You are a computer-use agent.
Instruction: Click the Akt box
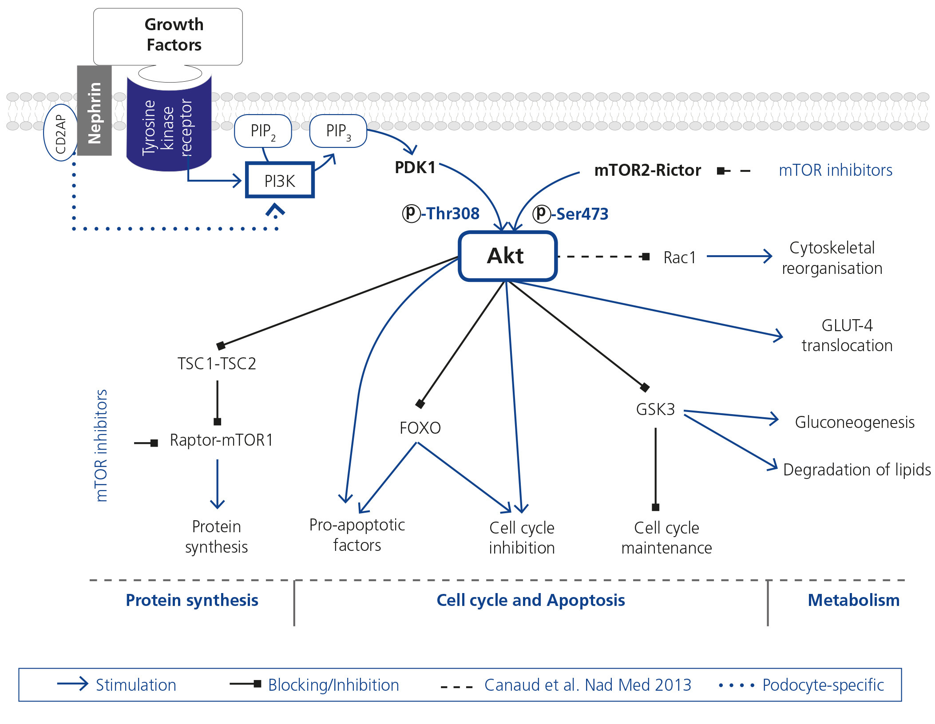(507, 256)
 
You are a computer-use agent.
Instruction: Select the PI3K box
(280, 180)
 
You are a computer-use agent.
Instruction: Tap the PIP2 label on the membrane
(263, 131)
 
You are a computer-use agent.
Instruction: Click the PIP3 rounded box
(338, 131)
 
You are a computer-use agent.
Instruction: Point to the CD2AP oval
(60, 133)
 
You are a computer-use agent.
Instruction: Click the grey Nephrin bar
(94, 111)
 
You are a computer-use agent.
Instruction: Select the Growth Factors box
(168, 36)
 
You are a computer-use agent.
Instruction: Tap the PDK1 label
(415, 168)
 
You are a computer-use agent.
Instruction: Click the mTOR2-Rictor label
(647, 170)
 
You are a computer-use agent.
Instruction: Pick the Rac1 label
(679, 257)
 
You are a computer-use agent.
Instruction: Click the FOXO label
(420, 428)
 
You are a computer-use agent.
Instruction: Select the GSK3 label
(655, 409)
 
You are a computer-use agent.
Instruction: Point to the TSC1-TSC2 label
(217, 364)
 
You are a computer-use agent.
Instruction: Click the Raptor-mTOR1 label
(221, 440)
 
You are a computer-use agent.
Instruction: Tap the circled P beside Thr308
(411, 213)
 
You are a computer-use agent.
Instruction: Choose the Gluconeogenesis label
(855, 422)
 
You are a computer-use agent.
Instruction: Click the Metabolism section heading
(853, 600)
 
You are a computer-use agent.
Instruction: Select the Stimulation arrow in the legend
(73, 684)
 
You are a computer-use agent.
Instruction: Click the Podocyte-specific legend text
(823, 685)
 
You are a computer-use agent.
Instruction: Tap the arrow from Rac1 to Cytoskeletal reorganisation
(739, 256)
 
